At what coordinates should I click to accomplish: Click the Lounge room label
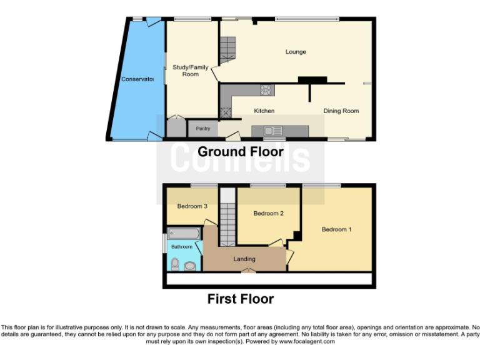pos(296,52)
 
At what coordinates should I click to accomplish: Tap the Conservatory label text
pos(137,79)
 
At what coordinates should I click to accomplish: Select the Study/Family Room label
pos(191,71)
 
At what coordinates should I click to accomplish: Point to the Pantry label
pos(203,129)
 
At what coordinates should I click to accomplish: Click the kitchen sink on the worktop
pos(272,131)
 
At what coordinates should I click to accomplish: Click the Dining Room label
pos(341,111)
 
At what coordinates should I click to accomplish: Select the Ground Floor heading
pos(241,152)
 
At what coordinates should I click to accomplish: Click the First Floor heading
pos(241,299)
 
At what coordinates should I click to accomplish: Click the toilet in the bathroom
pos(174,267)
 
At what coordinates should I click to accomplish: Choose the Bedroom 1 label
pos(336,229)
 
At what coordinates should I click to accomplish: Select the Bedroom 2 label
pos(268,214)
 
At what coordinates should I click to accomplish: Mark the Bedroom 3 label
pos(192,206)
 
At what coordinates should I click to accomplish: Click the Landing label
pos(244,259)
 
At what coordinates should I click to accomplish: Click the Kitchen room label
pos(264,111)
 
